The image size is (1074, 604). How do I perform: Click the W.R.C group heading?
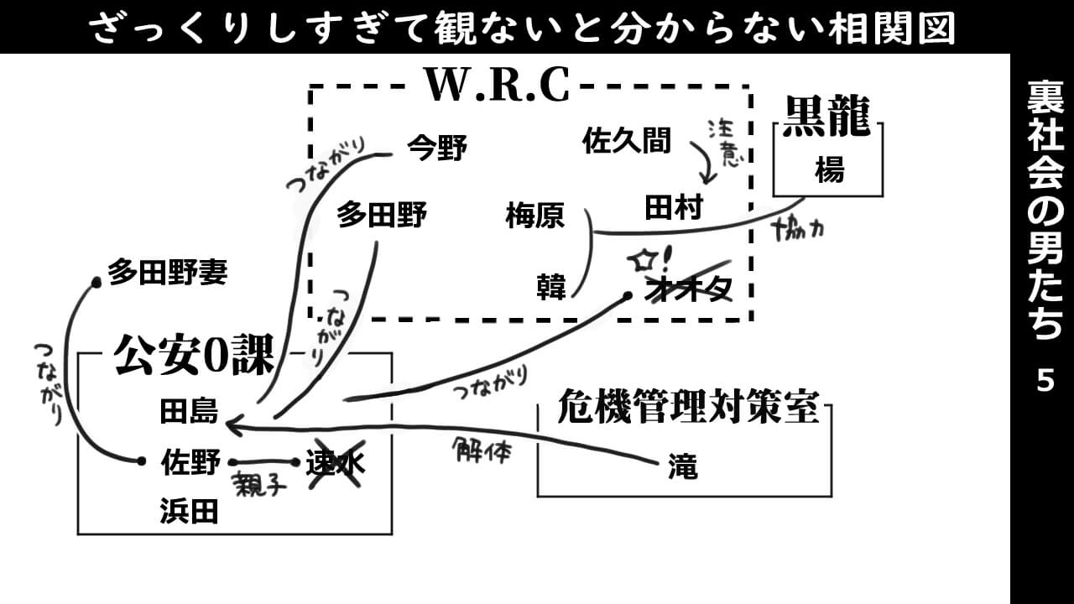click(x=497, y=84)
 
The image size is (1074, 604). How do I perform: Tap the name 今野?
click(x=436, y=148)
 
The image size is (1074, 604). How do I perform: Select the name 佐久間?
click(x=627, y=141)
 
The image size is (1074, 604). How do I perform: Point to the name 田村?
click(x=673, y=207)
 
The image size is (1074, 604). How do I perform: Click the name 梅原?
click(x=534, y=217)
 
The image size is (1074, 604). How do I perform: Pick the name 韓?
click(x=551, y=287)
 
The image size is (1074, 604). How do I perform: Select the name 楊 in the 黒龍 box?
click(x=829, y=170)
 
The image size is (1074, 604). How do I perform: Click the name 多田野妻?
click(x=167, y=273)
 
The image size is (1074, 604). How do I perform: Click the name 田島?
click(x=189, y=411)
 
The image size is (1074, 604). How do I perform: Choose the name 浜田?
click(x=189, y=511)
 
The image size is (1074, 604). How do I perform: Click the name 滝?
click(x=683, y=466)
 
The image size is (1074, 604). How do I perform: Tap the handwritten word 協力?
click(x=797, y=227)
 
